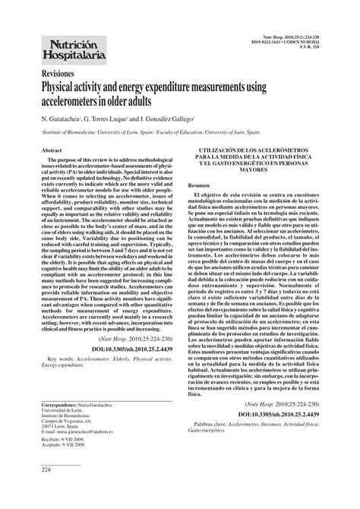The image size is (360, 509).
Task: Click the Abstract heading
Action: coord(51,151)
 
